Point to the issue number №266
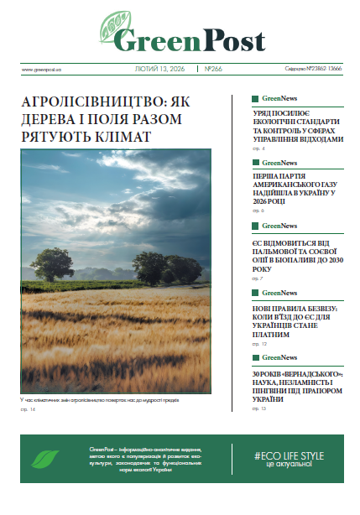tap(216, 69)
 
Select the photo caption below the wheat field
tap(101, 401)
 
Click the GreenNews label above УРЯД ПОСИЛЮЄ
tap(279, 98)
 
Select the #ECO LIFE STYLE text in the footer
tap(288, 455)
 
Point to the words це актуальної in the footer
tap(288, 466)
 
